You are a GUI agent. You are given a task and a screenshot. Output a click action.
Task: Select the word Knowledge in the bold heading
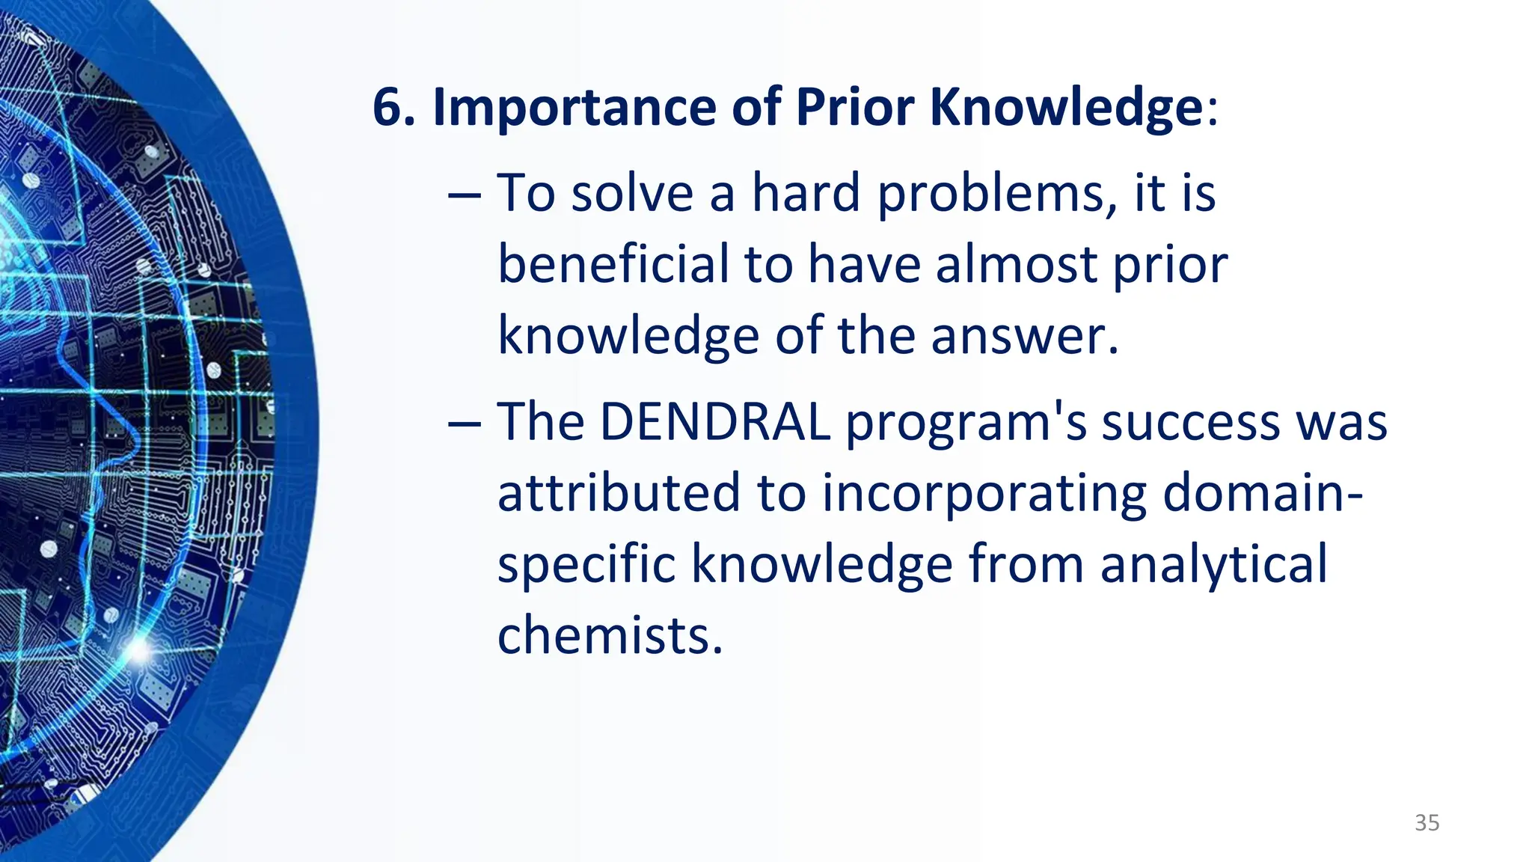click(1065, 108)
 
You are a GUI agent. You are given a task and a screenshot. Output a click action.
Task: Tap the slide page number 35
click(1427, 823)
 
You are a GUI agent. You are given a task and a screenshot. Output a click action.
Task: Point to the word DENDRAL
click(715, 422)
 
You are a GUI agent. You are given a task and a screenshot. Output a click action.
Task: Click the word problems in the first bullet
click(991, 195)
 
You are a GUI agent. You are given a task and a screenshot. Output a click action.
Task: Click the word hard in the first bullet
click(806, 193)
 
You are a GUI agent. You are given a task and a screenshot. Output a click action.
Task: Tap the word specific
click(586, 565)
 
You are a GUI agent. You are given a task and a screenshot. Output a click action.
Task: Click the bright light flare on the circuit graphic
click(138, 649)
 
